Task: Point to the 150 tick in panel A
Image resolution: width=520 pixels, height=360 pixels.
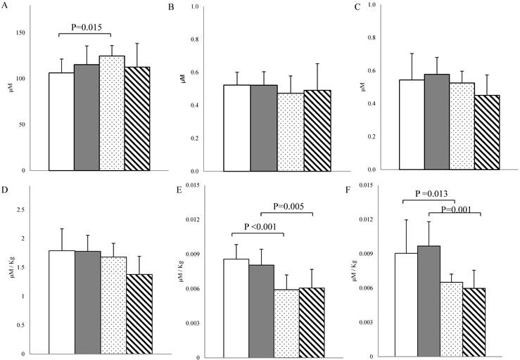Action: [36, 32]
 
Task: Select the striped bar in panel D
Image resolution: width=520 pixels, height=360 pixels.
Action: [138, 314]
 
